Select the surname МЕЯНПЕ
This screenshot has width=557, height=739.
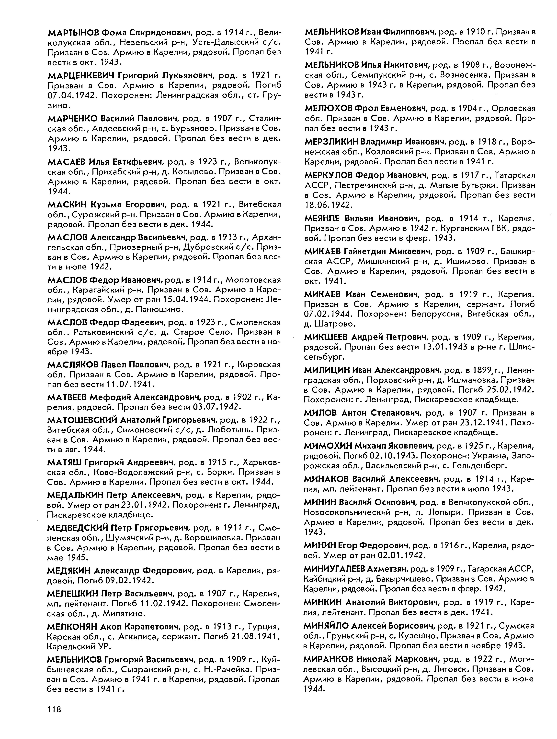coord(322,218)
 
